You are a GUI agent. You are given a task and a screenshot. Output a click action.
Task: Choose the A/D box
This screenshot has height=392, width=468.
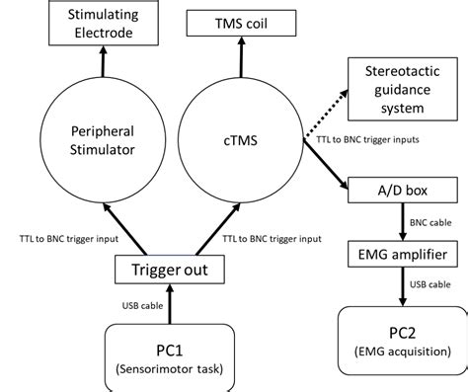392,188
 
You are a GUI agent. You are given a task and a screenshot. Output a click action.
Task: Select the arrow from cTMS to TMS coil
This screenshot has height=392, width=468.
236,60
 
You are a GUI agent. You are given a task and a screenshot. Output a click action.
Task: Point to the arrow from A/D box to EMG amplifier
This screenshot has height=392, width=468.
392,223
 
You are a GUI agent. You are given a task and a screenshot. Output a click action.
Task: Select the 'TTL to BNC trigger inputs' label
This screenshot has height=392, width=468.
370,139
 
